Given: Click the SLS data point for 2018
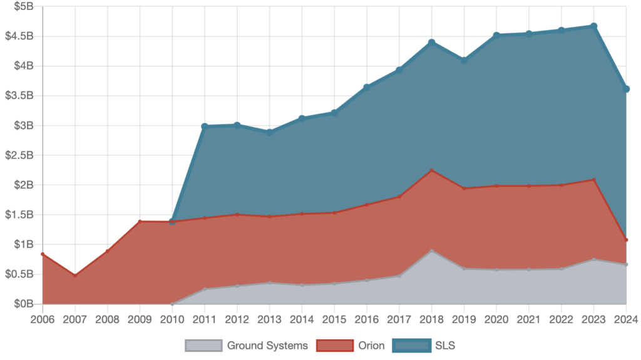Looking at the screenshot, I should [x=432, y=42].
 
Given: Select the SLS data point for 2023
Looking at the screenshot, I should [x=594, y=26].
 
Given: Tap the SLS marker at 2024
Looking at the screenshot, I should [x=627, y=89].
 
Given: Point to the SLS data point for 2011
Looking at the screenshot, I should [x=204, y=126].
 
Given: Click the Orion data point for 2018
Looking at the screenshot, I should [x=432, y=170].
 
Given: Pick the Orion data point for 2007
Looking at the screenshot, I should [x=74, y=275].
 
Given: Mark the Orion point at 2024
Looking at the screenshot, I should [x=627, y=240].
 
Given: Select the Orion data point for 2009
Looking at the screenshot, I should [x=139, y=221].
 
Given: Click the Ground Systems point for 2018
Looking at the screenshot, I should [x=432, y=251].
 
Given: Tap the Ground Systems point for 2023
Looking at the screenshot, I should [x=594, y=259].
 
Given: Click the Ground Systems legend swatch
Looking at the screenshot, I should [x=203, y=346].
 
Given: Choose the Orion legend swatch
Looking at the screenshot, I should [x=336, y=346].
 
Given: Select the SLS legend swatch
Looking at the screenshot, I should [x=412, y=346].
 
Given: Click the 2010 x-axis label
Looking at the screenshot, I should [x=172, y=319].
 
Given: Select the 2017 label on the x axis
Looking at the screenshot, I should [x=399, y=319].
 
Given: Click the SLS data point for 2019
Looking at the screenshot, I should [x=464, y=60].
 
